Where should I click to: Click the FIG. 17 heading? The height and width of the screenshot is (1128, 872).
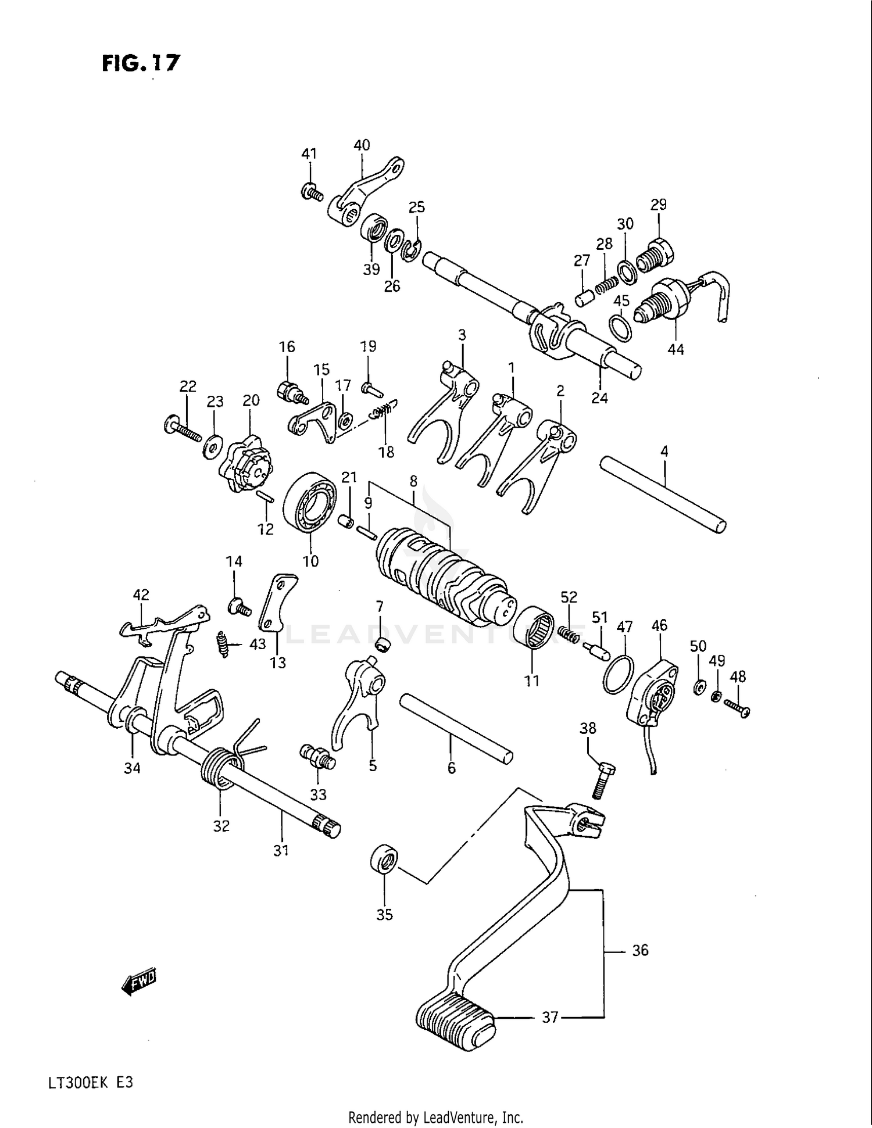pos(141,62)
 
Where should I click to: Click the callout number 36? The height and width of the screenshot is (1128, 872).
pos(639,951)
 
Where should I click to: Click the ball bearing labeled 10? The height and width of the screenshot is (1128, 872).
pos(311,502)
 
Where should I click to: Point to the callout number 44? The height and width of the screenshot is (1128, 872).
pos(676,350)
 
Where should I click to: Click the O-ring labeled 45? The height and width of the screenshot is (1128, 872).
pos(621,327)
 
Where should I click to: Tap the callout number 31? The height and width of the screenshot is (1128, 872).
pos(281,850)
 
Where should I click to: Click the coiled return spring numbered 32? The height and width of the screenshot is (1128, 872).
pos(220,767)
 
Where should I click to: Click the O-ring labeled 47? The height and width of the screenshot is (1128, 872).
pos(616,674)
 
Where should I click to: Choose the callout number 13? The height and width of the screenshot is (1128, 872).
pos(278,663)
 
